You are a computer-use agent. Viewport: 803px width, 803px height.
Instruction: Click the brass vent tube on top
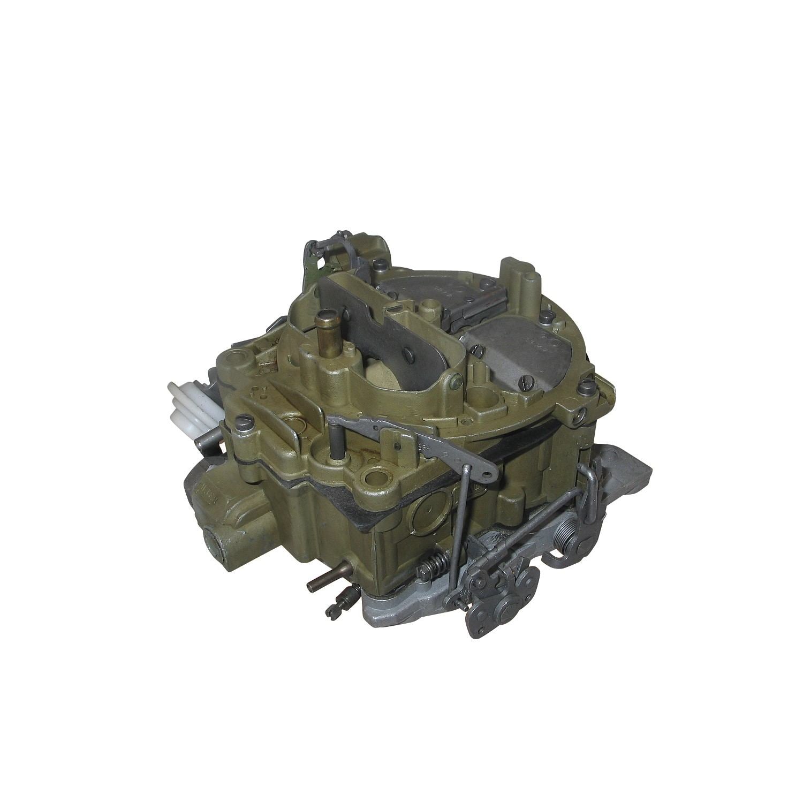point(324,329)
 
